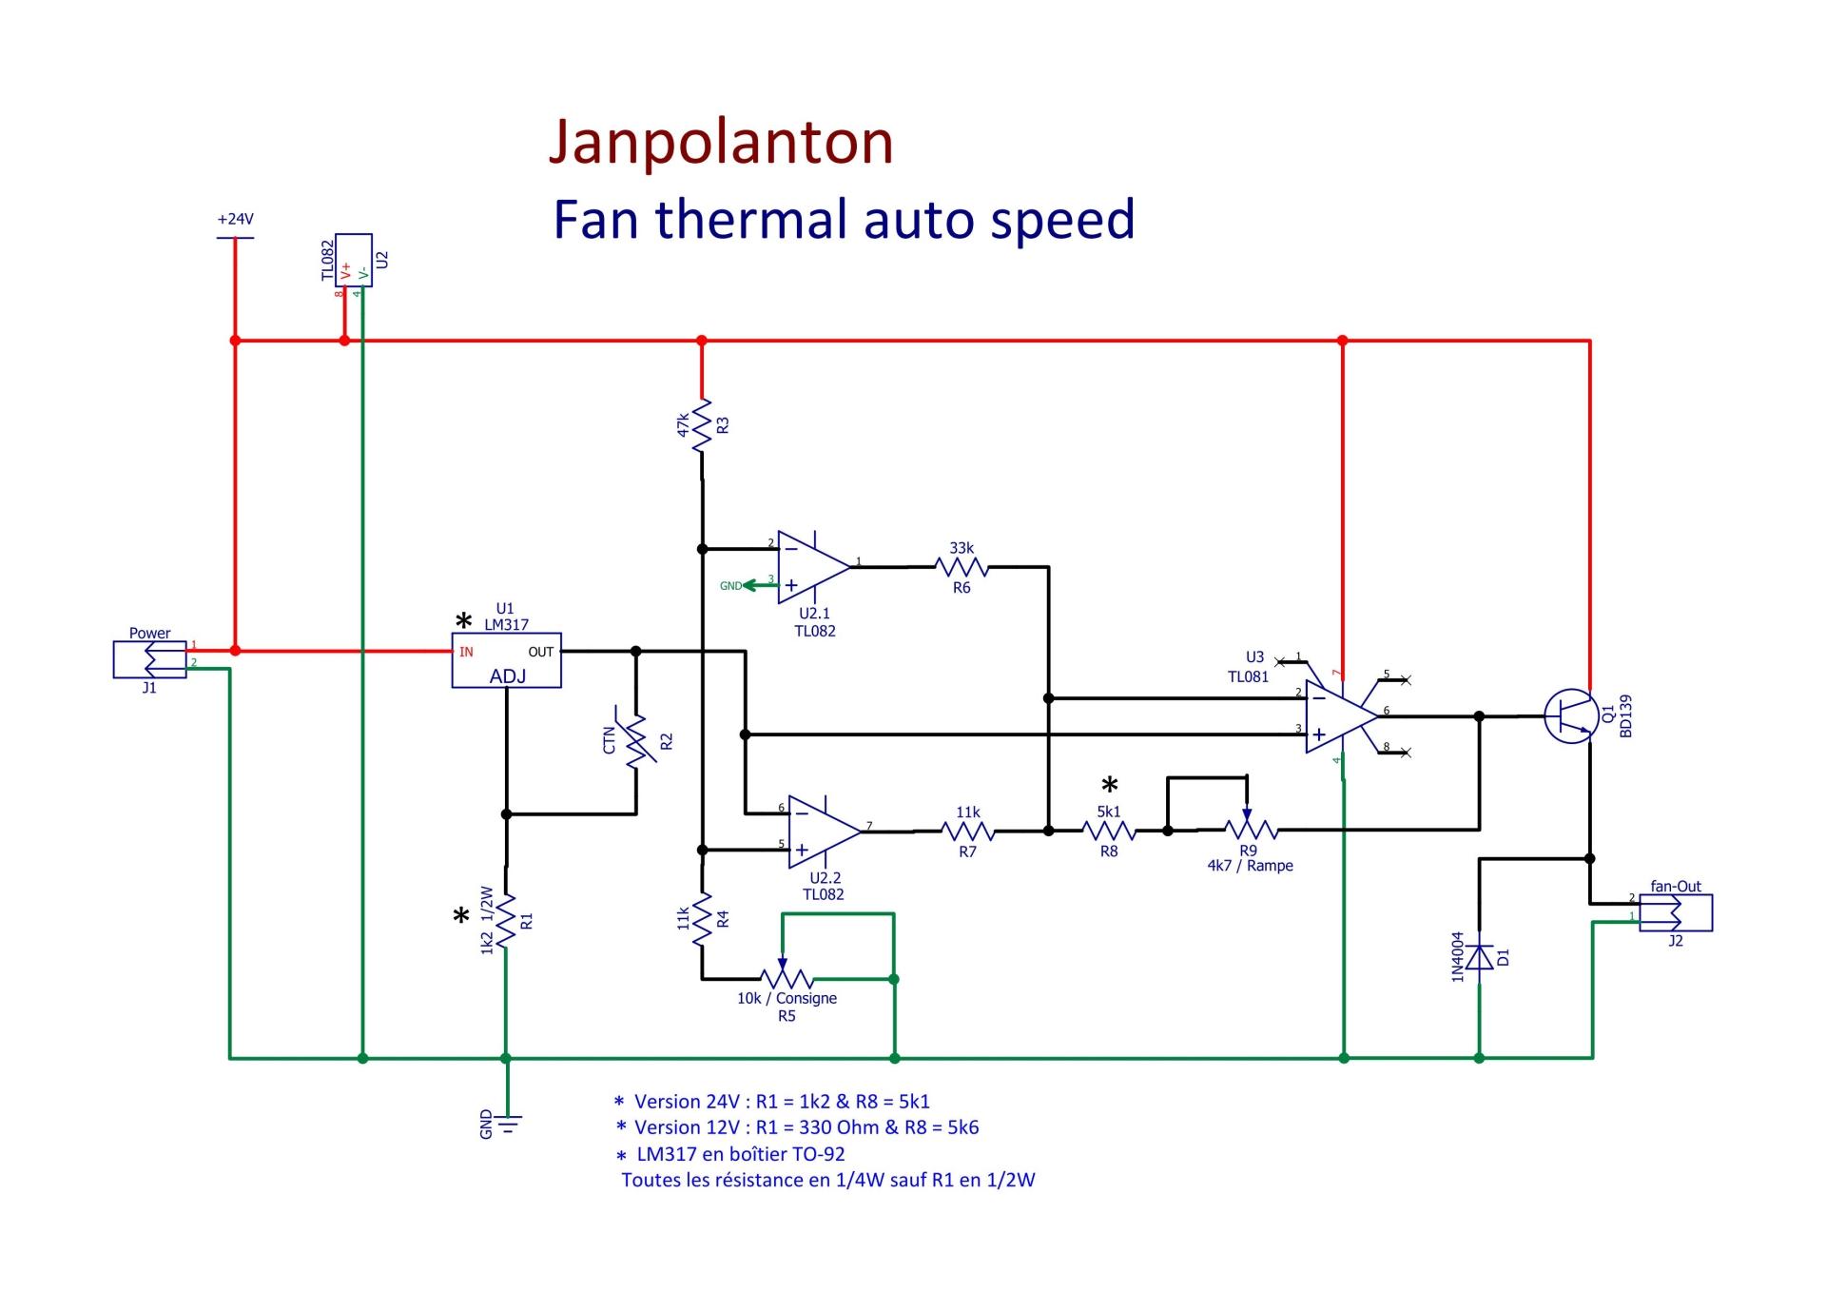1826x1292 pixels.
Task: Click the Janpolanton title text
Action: (x=721, y=143)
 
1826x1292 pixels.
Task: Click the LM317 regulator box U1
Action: (x=506, y=660)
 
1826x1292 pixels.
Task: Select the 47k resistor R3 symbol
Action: (x=702, y=425)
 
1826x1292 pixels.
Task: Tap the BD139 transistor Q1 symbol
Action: (x=1569, y=716)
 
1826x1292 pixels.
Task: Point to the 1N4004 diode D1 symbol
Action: (x=1479, y=957)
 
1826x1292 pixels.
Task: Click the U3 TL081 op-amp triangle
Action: (x=1339, y=716)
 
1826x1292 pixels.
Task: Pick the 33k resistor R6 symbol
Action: (x=962, y=568)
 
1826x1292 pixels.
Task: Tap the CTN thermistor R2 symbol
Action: (x=635, y=740)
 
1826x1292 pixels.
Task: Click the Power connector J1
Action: (x=150, y=658)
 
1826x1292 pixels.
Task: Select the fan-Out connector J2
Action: (x=1675, y=912)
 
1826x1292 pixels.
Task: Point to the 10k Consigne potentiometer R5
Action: (x=787, y=978)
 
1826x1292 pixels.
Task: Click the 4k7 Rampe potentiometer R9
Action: (x=1249, y=830)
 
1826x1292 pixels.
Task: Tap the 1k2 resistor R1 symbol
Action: (x=506, y=920)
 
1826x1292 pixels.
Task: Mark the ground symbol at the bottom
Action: (x=508, y=1125)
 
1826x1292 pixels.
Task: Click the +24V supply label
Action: (x=235, y=219)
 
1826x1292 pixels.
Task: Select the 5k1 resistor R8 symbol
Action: (x=1109, y=831)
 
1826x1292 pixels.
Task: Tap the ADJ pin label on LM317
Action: (x=508, y=676)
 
